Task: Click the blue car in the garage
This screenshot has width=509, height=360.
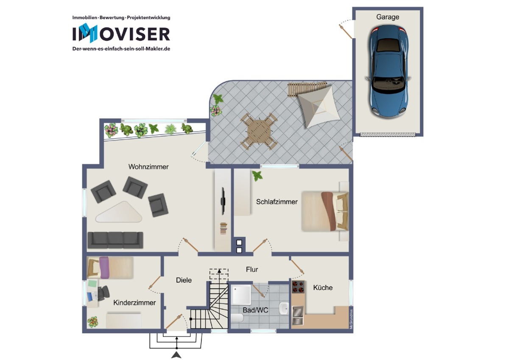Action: (388, 72)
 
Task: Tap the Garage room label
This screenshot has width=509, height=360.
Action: (388, 17)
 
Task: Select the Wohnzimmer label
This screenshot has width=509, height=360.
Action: (148, 167)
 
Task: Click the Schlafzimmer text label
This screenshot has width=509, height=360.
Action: (277, 202)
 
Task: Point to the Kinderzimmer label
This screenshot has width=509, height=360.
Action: (134, 303)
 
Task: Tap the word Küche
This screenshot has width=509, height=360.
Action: (323, 287)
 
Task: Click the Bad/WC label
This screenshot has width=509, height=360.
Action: (255, 310)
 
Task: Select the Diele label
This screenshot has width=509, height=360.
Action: (184, 280)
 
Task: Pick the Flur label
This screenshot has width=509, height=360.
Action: (252, 270)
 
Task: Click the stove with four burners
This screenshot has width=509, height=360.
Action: (298, 287)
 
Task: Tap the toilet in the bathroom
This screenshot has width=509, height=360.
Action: (237, 318)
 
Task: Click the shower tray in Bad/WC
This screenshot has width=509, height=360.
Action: (241, 295)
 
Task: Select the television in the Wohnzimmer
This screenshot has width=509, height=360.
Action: (223, 201)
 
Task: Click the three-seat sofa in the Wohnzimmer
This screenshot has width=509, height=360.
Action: (115, 240)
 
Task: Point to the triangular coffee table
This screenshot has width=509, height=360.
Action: (119, 213)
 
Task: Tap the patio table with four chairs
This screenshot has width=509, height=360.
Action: (259, 131)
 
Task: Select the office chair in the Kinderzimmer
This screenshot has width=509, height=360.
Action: (103, 293)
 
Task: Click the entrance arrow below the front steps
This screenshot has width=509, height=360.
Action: (176, 354)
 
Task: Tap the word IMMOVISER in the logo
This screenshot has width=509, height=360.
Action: (121, 34)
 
